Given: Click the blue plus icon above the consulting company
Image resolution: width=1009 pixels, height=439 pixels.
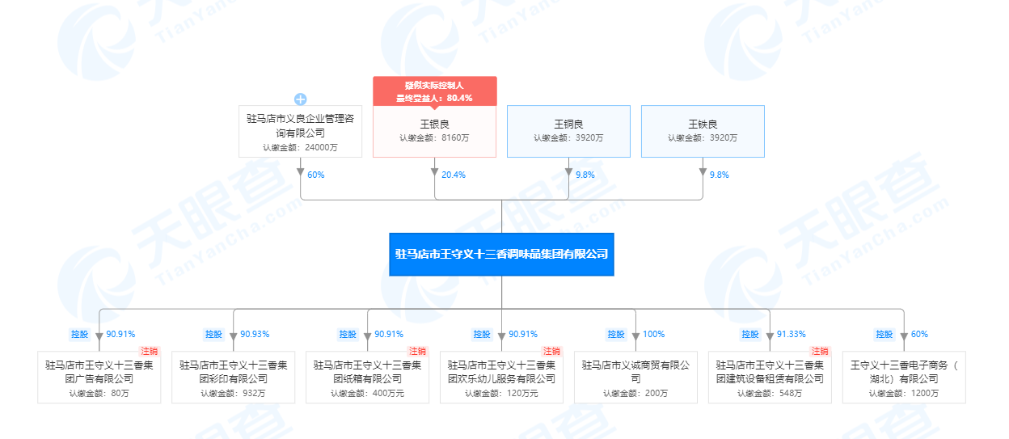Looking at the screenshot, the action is pyautogui.click(x=301, y=99).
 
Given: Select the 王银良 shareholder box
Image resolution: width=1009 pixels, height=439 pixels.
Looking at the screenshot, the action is pyautogui.click(x=435, y=131).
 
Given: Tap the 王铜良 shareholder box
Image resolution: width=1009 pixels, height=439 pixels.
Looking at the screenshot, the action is pyautogui.click(x=568, y=131).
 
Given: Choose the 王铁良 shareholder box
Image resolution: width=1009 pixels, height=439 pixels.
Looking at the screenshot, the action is pyautogui.click(x=703, y=131).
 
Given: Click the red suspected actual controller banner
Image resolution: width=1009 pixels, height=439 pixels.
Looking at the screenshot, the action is pyautogui.click(x=435, y=91).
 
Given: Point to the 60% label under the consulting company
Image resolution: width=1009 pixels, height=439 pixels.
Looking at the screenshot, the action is pyautogui.click(x=316, y=175).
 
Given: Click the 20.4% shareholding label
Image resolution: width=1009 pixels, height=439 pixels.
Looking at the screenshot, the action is pyautogui.click(x=453, y=175).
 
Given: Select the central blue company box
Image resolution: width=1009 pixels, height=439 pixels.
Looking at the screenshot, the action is pyautogui.click(x=501, y=255).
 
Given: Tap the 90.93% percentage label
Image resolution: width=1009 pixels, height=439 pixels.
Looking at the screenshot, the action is pyautogui.click(x=255, y=334).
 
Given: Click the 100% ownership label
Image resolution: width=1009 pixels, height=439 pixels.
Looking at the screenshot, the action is pyautogui.click(x=653, y=334).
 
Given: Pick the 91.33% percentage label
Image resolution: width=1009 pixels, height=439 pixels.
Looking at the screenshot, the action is pyautogui.click(x=791, y=334).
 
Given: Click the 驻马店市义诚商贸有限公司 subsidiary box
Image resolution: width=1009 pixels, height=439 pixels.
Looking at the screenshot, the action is pyautogui.click(x=635, y=378).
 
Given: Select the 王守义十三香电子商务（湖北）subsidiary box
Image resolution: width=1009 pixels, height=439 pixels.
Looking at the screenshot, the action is pyautogui.click(x=904, y=378).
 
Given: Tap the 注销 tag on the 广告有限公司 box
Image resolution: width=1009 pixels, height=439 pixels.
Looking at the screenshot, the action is pyautogui.click(x=149, y=351).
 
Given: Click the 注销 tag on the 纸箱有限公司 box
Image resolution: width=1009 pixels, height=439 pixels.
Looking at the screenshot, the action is pyautogui.click(x=417, y=351).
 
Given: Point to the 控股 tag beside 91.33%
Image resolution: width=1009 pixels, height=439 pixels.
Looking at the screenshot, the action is pyautogui.click(x=750, y=334).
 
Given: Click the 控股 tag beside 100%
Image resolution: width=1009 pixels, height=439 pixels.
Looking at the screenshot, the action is pyautogui.click(x=616, y=334).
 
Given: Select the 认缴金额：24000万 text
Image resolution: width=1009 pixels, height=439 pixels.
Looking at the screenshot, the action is pyautogui.click(x=300, y=148).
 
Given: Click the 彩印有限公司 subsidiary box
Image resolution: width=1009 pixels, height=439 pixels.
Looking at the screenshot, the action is pyautogui.click(x=234, y=378).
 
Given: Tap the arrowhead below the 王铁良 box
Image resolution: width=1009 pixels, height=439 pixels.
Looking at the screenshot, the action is pyautogui.click(x=703, y=172).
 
